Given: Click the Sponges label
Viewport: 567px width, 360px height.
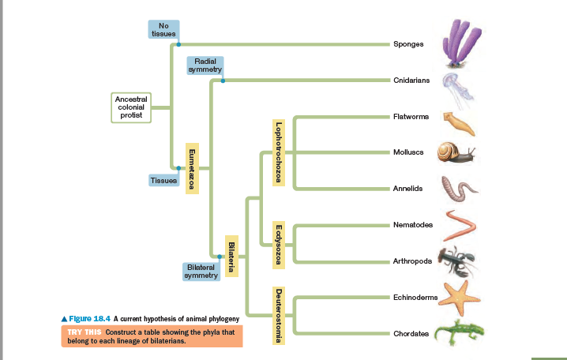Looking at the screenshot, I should pos(408,43).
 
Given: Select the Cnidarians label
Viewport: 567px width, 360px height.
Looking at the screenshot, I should pos(411,81).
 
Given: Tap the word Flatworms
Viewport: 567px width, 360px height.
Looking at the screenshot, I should pos(411,117).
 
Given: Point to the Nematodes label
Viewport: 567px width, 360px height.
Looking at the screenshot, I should pos(412,225).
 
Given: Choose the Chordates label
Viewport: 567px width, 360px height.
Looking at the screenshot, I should pos(411,334).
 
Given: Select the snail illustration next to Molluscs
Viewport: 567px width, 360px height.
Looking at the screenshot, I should pos(457,152).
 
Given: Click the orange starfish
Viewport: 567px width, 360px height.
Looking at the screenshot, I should pos(457,296).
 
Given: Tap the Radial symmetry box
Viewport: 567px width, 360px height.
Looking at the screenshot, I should pos(205,66).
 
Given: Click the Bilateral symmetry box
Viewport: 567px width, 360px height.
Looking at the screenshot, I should pos(201,272).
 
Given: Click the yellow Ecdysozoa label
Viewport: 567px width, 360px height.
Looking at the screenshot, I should pos(278,243).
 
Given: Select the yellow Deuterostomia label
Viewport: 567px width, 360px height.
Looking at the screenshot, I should pos(278,315).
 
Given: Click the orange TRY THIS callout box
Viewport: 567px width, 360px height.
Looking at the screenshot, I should pos(152,336).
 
